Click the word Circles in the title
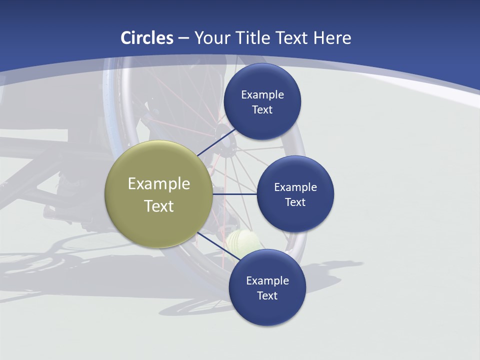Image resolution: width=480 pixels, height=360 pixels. point(147,38)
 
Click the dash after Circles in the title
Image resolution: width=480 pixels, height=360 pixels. point(183,38)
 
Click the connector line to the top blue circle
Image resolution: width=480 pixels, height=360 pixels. point(216,142)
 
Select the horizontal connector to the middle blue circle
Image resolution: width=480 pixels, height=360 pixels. point(234,194)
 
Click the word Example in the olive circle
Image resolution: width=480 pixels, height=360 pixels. point(158,183)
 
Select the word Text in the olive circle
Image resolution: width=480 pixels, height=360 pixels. point(158,206)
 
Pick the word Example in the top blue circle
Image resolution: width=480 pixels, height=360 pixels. point(262,94)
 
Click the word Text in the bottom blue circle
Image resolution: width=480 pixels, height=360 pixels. point(267,295)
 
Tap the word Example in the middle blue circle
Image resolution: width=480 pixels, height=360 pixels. point(295,187)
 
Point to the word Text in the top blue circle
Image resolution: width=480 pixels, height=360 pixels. point(262,109)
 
